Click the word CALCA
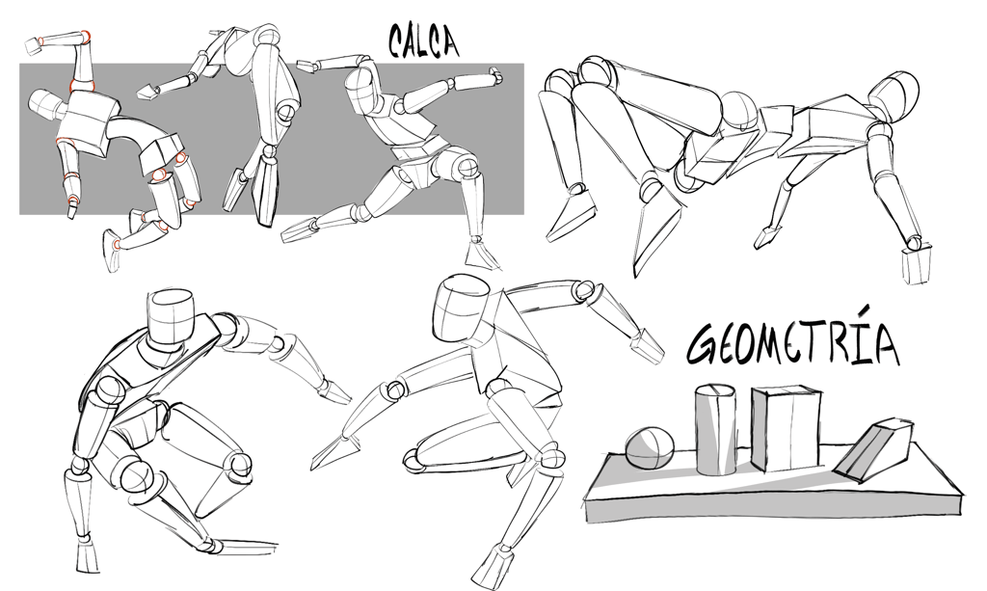click(423, 42)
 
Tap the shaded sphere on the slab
click(650, 448)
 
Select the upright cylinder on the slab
click(716, 430)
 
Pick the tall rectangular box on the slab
click(787, 428)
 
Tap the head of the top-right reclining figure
click(895, 96)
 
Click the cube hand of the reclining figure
click(917, 265)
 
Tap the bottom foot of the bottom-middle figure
click(496, 572)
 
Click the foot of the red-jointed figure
click(112, 251)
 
